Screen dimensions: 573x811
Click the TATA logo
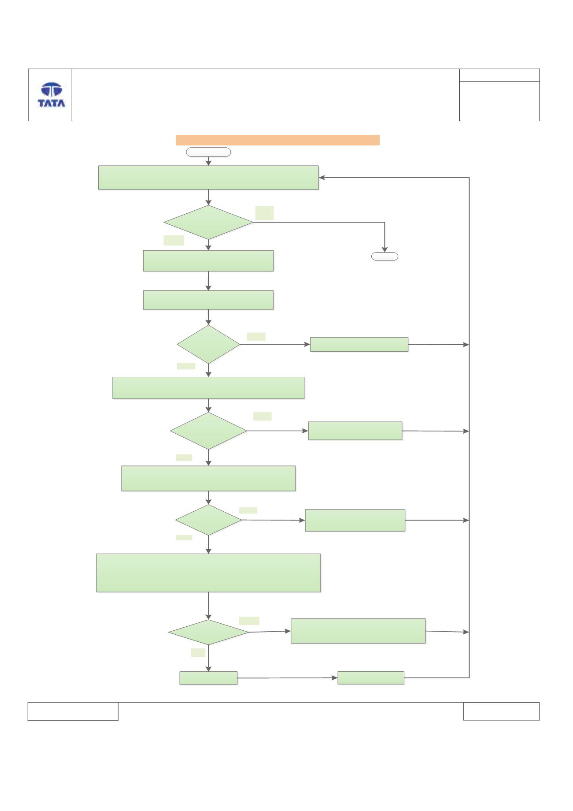[x=52, y=95]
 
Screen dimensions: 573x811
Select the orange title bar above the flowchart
[x=277, y=140]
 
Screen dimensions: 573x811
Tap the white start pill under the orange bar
[x=208, y=153]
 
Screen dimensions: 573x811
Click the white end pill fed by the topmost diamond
[x=384, y=257]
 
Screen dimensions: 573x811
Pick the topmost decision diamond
[x=208, y=222]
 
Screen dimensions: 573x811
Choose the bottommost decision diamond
[x=208, y=632]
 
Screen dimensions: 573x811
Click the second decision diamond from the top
[x=208, y=344]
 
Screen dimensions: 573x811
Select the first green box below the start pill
[x=208, y=178]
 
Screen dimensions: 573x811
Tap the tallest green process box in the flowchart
[x=208, y=573]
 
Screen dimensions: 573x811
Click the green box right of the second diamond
[x=359, y=344]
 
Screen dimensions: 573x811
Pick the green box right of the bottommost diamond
[x=358, y=631]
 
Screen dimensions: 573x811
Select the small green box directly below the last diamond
[x=208, y=678]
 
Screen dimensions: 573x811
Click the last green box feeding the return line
[x=371, y=678]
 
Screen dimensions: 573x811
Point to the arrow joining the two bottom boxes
[x=288, y=678]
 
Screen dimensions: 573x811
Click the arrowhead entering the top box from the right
[x=322, y=178]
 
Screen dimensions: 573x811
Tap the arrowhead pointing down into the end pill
[x=384, y=249]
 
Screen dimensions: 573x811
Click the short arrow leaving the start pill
[x=208, y=161]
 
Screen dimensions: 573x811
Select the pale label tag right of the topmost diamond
[x=264, y=213]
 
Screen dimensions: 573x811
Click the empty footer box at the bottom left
[x=73, y=711]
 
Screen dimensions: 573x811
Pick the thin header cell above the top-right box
[x=499, y=75]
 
